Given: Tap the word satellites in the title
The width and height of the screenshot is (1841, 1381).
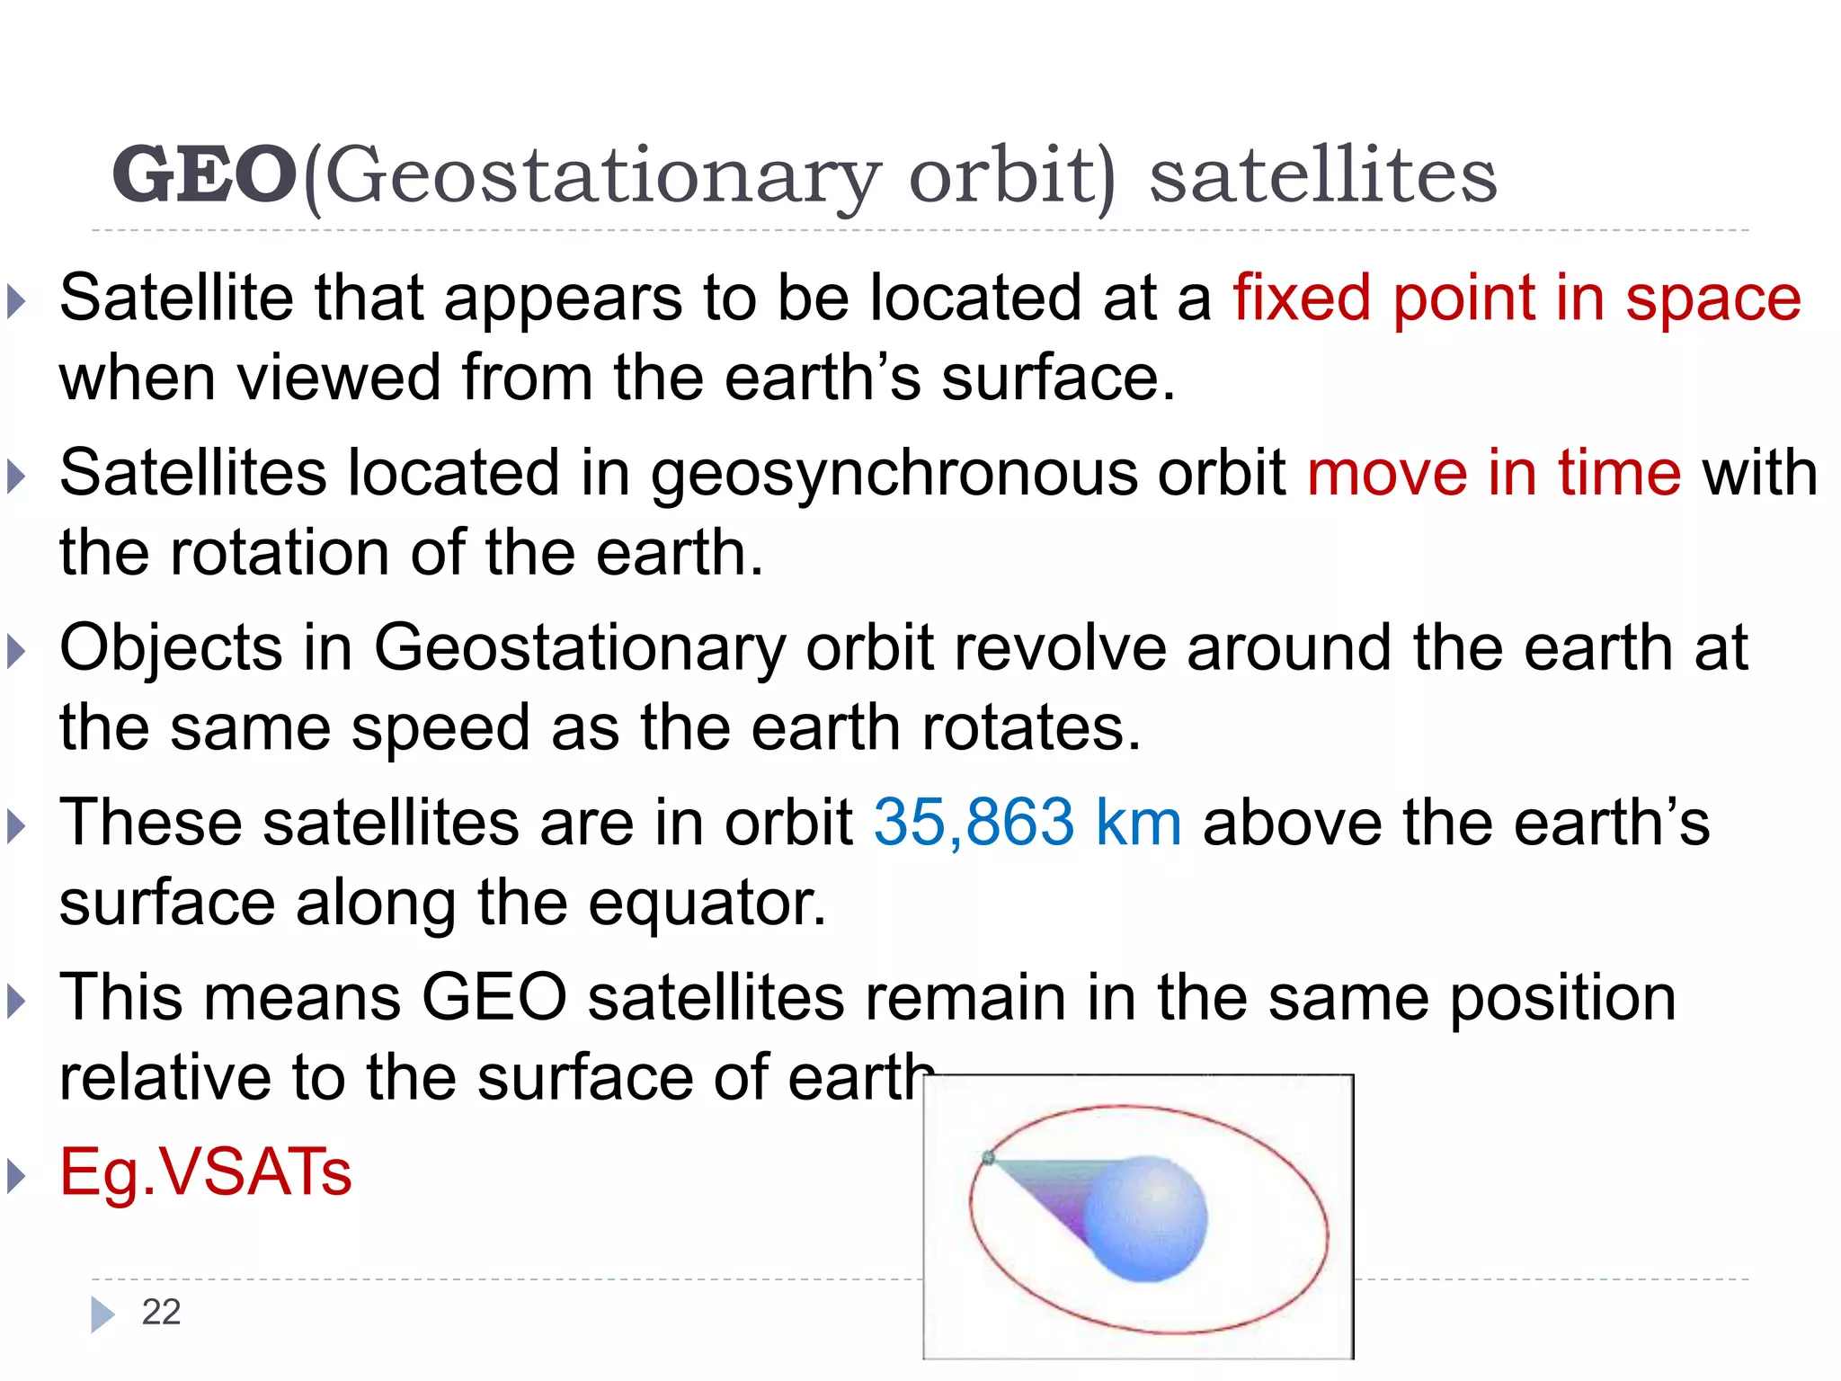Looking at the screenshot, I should [1322, 174].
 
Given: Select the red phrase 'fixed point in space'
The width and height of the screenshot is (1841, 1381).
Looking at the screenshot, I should [1516, 298].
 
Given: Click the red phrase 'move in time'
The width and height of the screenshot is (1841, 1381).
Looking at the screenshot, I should [1493, 473].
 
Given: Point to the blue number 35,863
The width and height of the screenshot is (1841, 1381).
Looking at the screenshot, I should [974, 822].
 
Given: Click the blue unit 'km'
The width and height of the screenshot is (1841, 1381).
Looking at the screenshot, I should [1138, 822].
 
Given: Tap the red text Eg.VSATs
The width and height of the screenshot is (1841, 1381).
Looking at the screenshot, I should [205, 1172].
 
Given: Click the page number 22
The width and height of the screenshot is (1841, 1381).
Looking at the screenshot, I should [161, 1312].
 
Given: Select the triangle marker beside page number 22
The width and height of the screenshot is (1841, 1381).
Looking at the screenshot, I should [102, 1314].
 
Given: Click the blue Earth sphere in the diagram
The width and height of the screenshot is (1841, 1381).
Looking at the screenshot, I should [1146, 1218].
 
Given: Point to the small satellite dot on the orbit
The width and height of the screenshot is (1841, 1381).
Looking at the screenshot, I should [988, 1158].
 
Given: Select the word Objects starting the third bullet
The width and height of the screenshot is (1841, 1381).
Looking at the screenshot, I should [171, 648].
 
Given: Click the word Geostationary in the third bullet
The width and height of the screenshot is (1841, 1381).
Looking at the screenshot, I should [579, 648].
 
